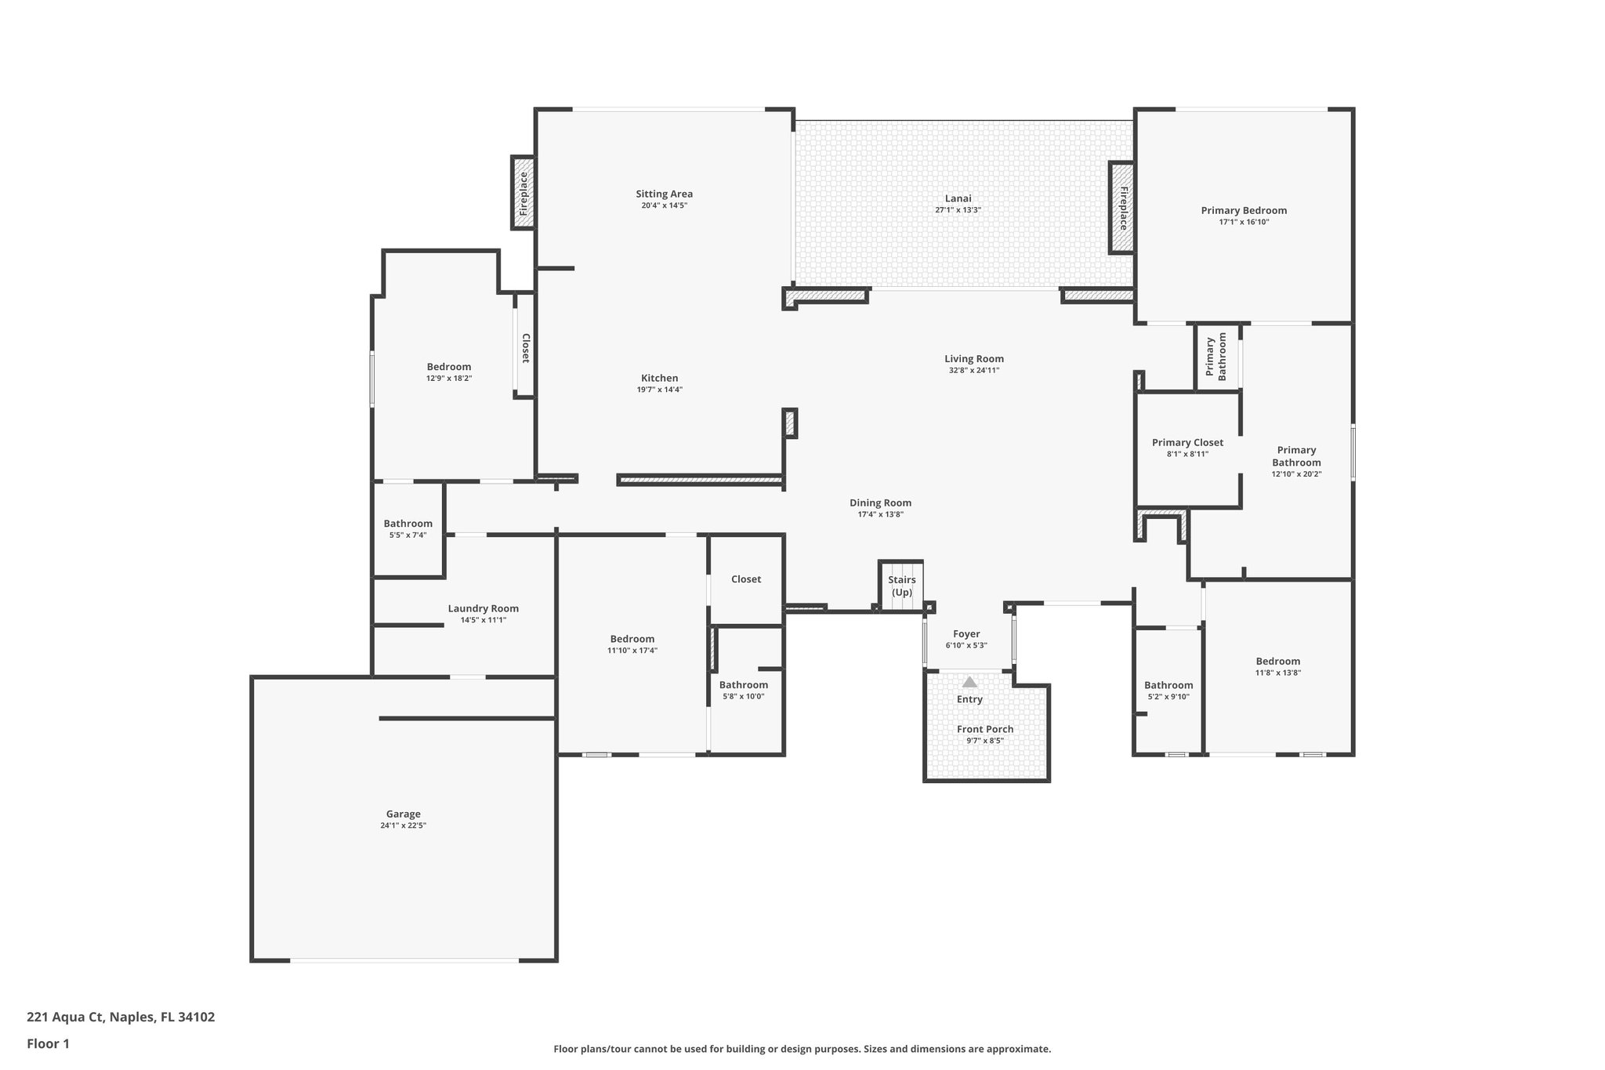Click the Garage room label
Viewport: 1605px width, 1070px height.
coord(403,814)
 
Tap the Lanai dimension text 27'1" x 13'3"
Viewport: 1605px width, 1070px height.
coord(958,210)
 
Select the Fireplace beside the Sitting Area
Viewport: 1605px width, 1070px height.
coord(524,193)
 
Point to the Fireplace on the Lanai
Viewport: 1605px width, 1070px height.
coord(1122,208)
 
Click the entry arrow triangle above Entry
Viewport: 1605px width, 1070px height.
coord(969,682)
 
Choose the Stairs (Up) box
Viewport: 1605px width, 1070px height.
coord(901,586)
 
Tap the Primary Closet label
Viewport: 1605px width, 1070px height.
coord(1187,442)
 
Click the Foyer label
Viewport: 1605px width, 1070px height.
coord(966,633)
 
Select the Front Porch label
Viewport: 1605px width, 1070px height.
coord(985,729)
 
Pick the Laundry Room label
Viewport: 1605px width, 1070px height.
coord(483,608)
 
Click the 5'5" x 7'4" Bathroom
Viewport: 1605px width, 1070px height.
coord(408,524)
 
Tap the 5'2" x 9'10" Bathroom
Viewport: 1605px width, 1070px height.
coord(1168,685)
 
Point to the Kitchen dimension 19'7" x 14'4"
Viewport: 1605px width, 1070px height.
coord(659,390)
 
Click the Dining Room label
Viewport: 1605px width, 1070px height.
coord(880,503)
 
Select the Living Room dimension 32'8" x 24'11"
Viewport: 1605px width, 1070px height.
coord(973,370)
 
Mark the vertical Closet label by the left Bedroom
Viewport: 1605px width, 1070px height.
coord(526,348)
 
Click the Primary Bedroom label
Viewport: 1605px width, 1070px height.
coord(1244,210)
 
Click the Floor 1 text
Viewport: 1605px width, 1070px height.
coord(48,1043)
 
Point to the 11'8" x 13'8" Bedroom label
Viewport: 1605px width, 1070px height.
coord(1277,661)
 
